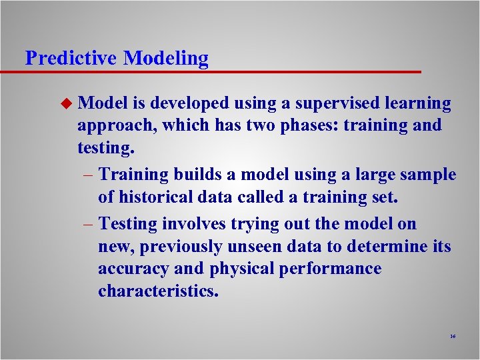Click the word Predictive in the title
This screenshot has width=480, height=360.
click(x=71, y=58)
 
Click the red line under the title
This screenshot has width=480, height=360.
click(x=220, y=71)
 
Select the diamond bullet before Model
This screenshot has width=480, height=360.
click(x=65, y=103)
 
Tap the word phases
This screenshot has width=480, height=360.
click(x=296, y=126)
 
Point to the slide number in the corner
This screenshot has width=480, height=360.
click(x=453, y=337)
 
